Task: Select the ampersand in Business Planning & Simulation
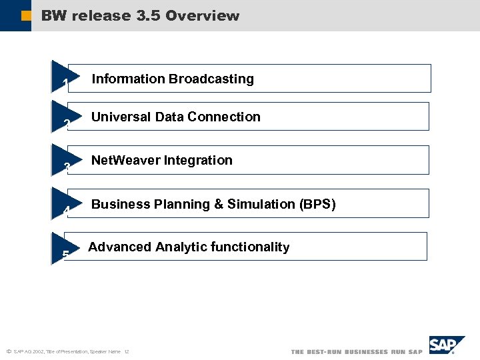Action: coord(219,204)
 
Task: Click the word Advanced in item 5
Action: coord(120,247)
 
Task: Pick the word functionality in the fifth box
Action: coord(250,247)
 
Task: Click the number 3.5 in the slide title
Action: coord(148,16)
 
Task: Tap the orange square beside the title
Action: coord(25,16)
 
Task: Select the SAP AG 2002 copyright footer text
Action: coord(67,351)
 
